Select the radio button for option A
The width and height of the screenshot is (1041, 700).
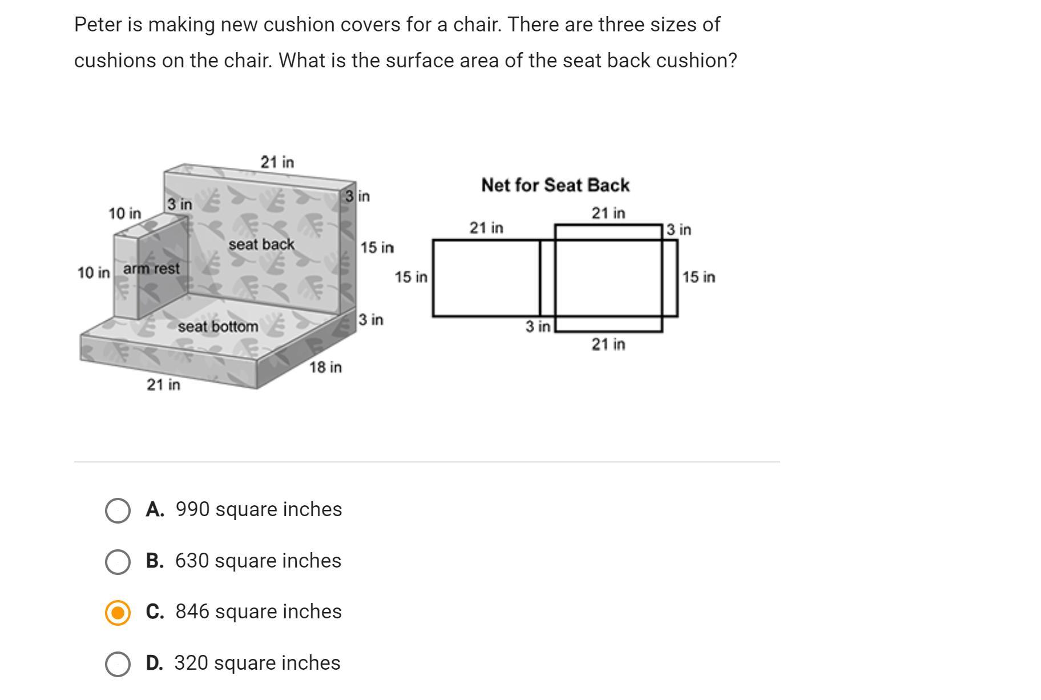point(118,510)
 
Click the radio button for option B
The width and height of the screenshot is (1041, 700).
point(118,562)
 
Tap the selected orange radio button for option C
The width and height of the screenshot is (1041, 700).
point(118,613)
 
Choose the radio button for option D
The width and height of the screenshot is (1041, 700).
point(118,664)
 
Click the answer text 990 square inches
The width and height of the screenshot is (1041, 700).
point(259,509)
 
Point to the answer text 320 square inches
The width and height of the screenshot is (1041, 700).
point(257,663)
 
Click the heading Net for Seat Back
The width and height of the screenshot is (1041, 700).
point(555,185)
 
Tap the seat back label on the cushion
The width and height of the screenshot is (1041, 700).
point(261,244)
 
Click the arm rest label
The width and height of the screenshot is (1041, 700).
point(151,268)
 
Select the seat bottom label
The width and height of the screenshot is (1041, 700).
point(218,327)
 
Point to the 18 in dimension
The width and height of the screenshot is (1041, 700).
point(326,367)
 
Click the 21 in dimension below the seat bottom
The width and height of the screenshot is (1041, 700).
point(163,385)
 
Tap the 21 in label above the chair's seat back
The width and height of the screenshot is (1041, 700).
point(277,162)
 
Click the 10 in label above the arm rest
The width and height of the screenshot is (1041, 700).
point(124,214)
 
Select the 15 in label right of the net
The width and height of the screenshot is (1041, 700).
point(699,277)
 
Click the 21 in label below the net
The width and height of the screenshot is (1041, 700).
point(608,344)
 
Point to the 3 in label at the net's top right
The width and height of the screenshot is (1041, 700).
point(679,230)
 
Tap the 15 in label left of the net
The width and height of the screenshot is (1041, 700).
point(411,277)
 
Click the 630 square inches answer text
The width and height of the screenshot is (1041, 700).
point(258,561)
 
